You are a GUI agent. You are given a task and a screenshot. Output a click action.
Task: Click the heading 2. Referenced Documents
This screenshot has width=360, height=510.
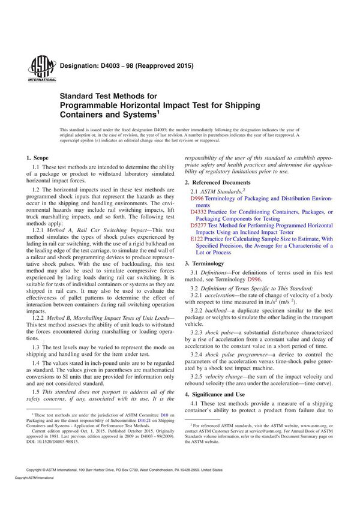pyautogui.click(x=218, y=182)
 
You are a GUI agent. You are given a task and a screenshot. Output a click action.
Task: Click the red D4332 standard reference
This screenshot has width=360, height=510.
pyautogui.click(x=197, y=212)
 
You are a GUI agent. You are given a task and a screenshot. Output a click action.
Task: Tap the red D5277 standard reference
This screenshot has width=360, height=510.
pyautogui.click(x=197, y=226)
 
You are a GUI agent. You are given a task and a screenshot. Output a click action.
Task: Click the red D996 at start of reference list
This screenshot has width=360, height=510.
pyautogui.click(x=196, y=198)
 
